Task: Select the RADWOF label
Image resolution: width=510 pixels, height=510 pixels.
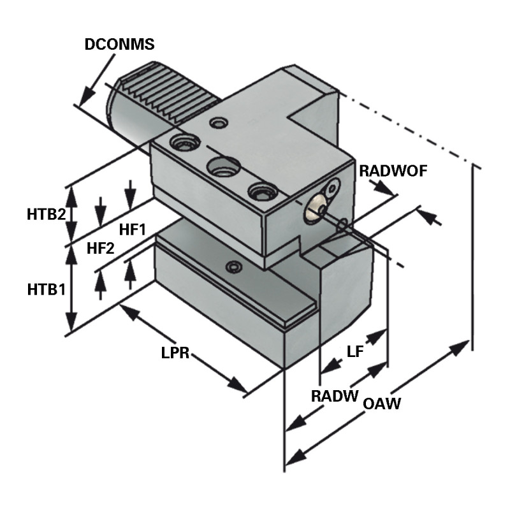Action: pos(393,170)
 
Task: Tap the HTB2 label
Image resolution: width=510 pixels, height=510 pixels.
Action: pos(46,215)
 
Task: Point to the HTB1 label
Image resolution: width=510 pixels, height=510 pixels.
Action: pos(46,289)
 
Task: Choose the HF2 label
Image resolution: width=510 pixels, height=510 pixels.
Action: pos(100,248)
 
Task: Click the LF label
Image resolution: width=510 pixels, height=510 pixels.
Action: pos(354,351)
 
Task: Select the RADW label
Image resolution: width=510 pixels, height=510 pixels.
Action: pos(334,395)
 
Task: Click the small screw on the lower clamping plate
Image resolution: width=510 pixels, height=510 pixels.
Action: pos(236,266)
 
